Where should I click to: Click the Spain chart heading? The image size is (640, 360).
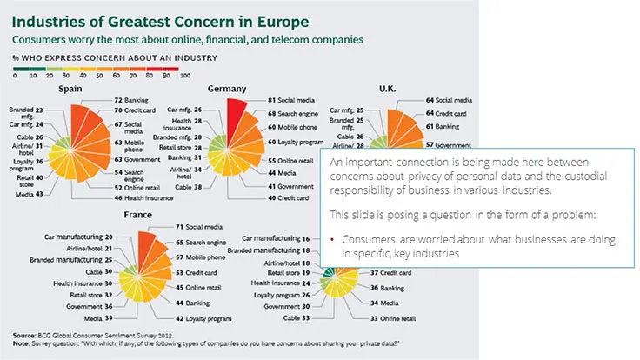70,89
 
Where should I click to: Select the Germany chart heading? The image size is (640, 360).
226,89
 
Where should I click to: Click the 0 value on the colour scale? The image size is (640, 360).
15,75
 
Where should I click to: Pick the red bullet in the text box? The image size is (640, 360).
334,239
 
